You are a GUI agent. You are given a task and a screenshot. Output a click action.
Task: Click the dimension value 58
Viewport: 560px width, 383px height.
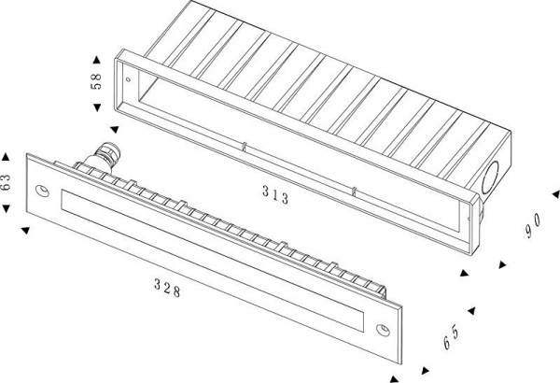96,80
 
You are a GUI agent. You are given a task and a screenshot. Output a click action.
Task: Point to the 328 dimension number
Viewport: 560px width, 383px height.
169,288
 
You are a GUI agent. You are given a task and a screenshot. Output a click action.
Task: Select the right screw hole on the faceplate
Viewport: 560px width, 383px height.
384,330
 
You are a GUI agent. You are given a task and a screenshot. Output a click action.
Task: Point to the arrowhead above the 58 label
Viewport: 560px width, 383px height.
96,53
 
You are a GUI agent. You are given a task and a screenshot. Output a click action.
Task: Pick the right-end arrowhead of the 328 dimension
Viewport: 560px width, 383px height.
392,377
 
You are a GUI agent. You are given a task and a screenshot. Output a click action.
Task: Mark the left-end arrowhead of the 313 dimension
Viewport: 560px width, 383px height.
114,130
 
